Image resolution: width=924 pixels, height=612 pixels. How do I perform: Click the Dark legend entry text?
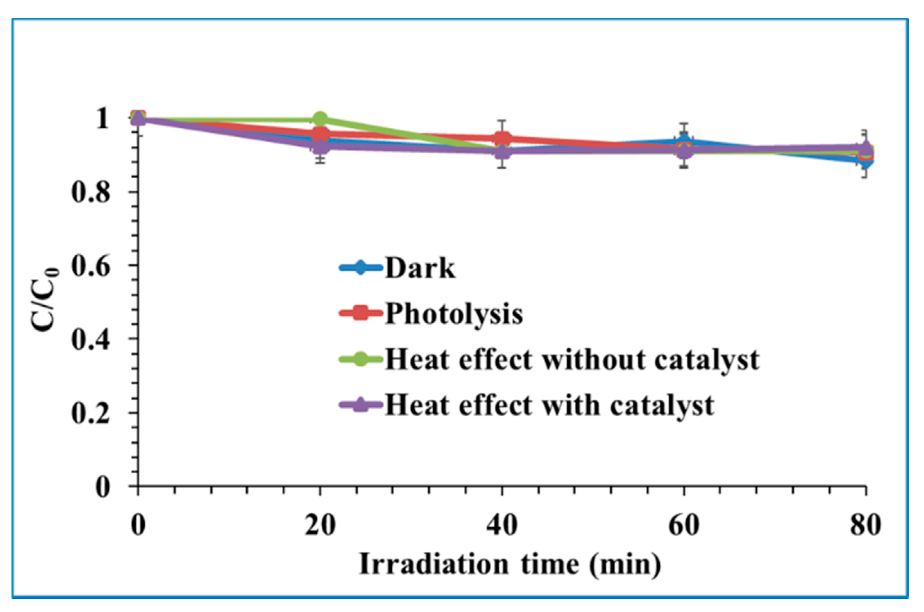click(420, 268)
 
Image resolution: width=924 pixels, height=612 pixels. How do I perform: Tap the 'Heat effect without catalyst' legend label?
click(572, 359)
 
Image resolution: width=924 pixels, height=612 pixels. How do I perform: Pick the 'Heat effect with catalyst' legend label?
click(549, 406)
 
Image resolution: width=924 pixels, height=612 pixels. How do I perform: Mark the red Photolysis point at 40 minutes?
click(502, 138)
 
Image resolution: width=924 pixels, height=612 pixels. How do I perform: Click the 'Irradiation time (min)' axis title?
click(510, 564)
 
